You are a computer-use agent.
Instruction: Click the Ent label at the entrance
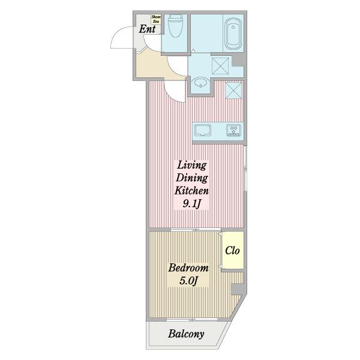click(x=147, y=29)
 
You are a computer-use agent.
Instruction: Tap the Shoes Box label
click(x=156, y=19)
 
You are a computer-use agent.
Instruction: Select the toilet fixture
click(x=175, y=26)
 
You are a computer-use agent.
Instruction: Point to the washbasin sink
click(x=200, y=82)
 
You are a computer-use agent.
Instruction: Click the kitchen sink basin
click(x=203, y=131)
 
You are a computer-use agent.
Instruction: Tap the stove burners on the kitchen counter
click(x=234, y=131)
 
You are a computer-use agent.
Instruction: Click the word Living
click(x=192, y=166)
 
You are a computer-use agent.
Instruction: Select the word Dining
click(x=192, y=178)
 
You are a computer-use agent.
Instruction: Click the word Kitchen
click(x=191, y=191)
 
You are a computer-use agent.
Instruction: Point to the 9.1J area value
click(x=192, y=203)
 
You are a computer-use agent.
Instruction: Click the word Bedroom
click(x=188, y=268)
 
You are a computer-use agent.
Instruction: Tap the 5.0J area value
click(x=188, y=281)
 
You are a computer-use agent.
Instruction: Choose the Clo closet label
click(x=232, y=250)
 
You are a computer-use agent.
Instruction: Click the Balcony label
click(x=186, y=334)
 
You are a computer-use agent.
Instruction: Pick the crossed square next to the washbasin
click(x=220, y=66)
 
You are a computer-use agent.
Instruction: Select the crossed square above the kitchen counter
click(x=233, y=91)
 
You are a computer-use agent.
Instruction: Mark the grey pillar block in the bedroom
click(x=237, y=289)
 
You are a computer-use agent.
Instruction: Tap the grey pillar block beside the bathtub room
click(x=238, y=60)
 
